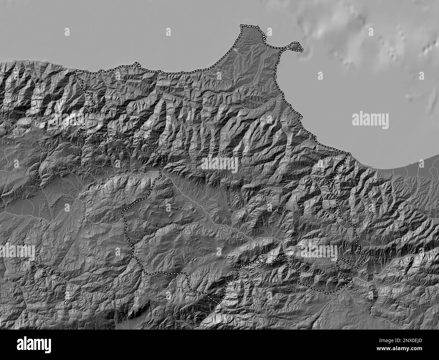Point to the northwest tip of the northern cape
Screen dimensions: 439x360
click(x=241, y=26)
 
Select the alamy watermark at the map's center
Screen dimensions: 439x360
click(x=219, y=164)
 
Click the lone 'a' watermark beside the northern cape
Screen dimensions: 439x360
click(x=269, y=32)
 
